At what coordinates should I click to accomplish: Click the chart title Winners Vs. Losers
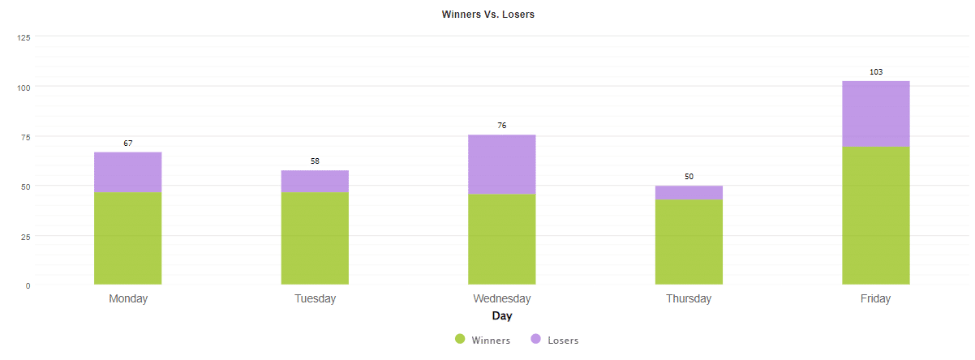click(x=487, y=15)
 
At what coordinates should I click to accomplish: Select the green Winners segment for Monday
click(x=128, y=238)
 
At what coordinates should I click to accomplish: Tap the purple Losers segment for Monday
click(x=128, y=172)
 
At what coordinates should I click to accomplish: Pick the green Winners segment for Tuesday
click(x=315, y=238)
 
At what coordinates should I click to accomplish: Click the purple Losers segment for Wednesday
click(x=501, y=165)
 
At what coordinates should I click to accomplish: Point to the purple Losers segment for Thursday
click(x=689, y=192)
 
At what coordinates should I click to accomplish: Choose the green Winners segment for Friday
click(x=876, y=216)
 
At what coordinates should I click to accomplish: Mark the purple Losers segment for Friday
click(x=876, y=114)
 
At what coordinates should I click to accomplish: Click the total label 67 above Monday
click(x=128, y=144)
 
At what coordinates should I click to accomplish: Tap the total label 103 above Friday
click(x=876, y=72)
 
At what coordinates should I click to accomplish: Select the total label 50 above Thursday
click(x=689, y=177)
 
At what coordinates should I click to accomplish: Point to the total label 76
click(x=501, y=126)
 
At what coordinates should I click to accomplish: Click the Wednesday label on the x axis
click(x=501, y=298)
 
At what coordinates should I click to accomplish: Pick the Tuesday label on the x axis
click(x=315, y=298)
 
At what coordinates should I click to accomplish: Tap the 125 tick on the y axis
click(x=24, y=37)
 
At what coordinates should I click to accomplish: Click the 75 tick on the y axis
click(x=26, y=137)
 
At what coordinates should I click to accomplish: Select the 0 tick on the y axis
click(x=28, y=285)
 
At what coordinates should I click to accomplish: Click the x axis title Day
click(x=501, y=315)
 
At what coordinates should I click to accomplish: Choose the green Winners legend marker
click(x=460, y=340)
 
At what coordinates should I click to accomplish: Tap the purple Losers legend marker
click(x=536, y=340)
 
